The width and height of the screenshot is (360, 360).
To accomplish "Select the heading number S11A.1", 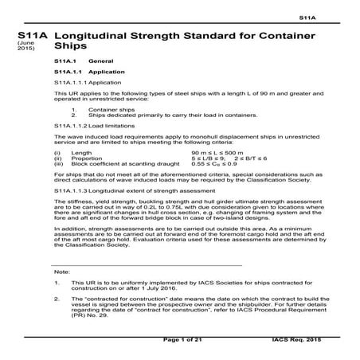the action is (65, 61).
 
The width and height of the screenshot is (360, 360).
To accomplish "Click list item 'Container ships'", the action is (108, 110).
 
